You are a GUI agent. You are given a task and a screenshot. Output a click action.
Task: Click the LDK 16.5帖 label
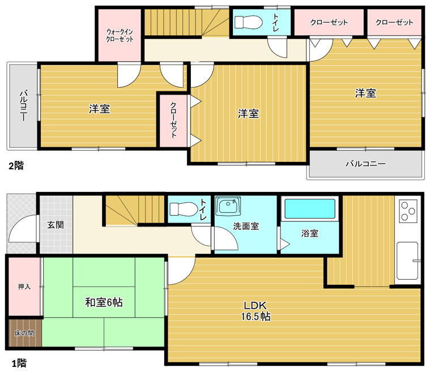[256, 311]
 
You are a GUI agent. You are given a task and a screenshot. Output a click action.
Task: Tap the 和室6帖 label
[104, 302]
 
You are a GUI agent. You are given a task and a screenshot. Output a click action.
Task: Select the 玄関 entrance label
[56, 225]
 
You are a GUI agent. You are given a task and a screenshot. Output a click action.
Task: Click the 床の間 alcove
[24, 333]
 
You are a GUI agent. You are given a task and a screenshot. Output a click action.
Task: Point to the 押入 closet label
[24, 287]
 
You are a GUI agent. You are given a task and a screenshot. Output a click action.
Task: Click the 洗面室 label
[246, 226]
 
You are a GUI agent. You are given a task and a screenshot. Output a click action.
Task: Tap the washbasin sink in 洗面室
[228, 206]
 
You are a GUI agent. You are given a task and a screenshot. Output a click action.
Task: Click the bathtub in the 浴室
[310, 208]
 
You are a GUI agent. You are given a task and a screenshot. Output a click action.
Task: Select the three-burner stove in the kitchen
[408, 211]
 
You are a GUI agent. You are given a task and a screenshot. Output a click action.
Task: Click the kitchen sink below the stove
[408, 260]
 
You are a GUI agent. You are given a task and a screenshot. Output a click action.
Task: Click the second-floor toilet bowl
[249, 22]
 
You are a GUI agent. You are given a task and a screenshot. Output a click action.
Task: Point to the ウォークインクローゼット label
[120, 35]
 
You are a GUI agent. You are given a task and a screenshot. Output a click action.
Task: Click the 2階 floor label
[16, 165]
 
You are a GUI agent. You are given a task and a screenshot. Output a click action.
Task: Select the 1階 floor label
[19, 364]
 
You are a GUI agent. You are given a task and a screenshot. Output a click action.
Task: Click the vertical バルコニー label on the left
[24, 105]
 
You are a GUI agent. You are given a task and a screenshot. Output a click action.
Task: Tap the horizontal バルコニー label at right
[365, 164]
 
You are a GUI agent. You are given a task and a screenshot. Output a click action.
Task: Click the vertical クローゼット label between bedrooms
[173, 120]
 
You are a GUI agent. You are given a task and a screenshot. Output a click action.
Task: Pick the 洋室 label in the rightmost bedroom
[365, 93]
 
